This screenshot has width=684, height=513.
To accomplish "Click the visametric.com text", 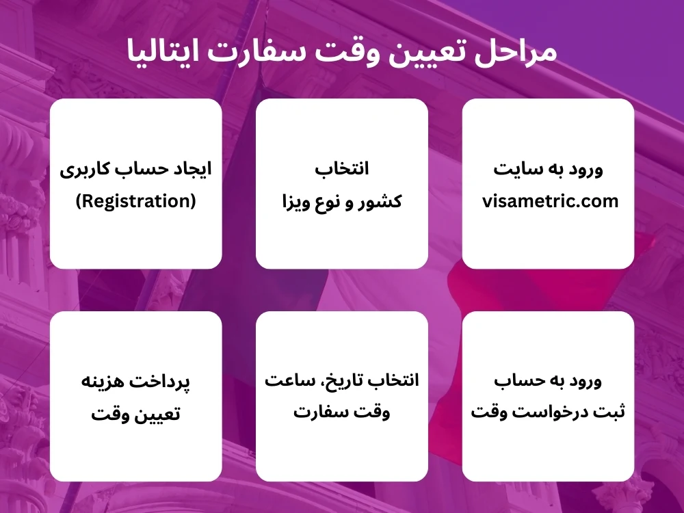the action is (550, 201).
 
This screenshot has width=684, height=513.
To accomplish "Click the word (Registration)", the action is (135, 201).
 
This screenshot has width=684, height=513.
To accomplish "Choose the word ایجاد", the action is (194, 168).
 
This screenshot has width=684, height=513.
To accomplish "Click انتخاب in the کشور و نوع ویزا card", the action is (342, 168).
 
